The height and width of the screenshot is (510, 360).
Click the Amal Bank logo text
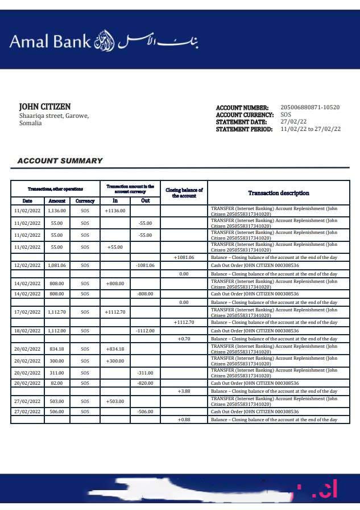[x=50, y=41]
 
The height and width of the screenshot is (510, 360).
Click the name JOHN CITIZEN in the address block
[x=45, y=106]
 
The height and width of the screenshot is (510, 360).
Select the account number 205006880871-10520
[x=310, y=107]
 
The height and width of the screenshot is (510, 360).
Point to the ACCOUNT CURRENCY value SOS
[x=285, y=114]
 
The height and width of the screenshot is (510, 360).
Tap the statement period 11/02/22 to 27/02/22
[x=311, y=129]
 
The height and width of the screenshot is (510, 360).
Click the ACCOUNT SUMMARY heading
[x=60, y=161]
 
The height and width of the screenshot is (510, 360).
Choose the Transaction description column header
[x=279, y=193]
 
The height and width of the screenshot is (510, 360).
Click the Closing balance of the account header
[x=184, y=192]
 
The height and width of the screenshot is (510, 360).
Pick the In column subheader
[x=115, y=201]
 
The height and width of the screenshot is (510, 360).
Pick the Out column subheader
[x=145, y=201]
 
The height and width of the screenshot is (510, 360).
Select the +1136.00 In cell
[x=115, y=211]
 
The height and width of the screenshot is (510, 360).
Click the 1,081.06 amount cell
[x=57, y=265]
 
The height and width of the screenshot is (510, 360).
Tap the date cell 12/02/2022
[x=27, y=265]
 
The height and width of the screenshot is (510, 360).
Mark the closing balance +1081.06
[x=184, y=257]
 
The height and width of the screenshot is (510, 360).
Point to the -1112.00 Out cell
[x=145, y=330]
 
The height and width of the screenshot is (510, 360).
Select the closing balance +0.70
[x=184, y=339]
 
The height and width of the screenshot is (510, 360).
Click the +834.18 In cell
[x=115, y=349]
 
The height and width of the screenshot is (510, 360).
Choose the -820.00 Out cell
[x=145, y=384]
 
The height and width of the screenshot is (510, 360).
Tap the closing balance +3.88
[x=184, y=392]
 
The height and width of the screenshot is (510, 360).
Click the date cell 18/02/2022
[x=27, y=330]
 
